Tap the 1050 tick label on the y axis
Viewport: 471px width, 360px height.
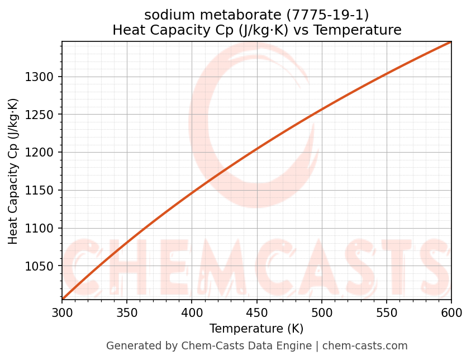[40, 266]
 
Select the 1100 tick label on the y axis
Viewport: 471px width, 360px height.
[40, 228]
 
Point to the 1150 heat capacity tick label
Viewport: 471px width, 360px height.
[40, 191]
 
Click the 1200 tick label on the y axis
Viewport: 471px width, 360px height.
[40, 153]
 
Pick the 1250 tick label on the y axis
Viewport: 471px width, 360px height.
[40, 115]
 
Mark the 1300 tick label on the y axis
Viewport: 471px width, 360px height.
[40, 77]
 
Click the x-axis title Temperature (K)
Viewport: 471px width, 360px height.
[256, 329]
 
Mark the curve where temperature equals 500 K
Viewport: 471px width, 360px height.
[321, 110]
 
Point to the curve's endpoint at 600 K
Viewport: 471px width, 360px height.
[450, 42]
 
